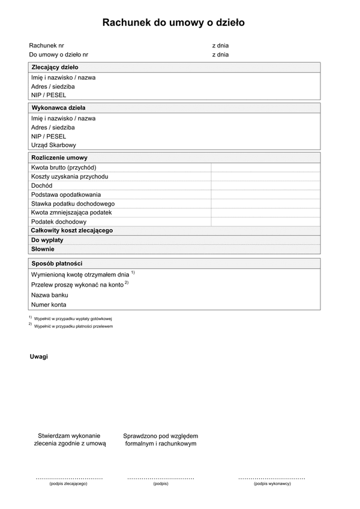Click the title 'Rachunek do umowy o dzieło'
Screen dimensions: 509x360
(173, 23)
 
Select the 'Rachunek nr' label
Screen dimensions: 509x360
(46, 46)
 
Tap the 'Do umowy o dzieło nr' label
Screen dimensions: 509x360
(59, 55)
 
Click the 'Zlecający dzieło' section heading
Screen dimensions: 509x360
(55, 68)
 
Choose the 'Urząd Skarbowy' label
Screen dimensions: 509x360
(53, 145)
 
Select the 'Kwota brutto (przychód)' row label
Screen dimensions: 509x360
(64, 167)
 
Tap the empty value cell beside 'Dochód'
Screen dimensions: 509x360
(265, 186)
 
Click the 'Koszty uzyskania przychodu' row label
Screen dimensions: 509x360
(70, 176)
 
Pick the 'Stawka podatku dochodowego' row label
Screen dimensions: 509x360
(73, 204)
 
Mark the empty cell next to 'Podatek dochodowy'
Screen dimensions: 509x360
(265, 222)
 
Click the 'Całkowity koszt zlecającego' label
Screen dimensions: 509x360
(72, 231)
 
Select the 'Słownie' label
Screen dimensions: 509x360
(43, 249)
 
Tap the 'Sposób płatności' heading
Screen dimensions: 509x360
(56, 263)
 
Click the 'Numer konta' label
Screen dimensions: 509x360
(49, 305)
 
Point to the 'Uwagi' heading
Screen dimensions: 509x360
(39, 357)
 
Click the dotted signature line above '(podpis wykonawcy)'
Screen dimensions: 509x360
(271, 478)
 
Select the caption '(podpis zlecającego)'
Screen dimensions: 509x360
(68, 484)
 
